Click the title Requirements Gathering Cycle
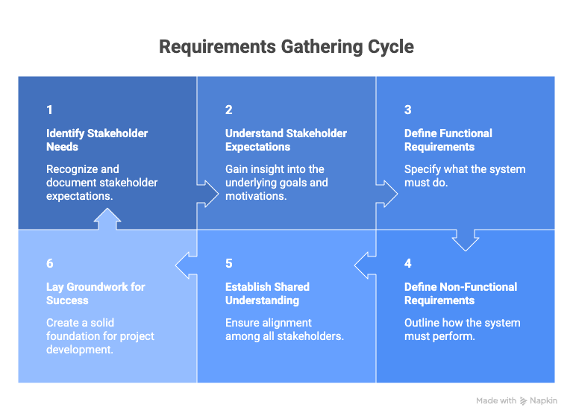[x=286, y=47]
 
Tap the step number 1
[x=49, y=110]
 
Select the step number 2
[x=229, y=110]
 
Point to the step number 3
[x=408, y=110]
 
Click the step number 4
[x=408, y=263]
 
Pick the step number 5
[x=229, y=263]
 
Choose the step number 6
[x=50, y=263]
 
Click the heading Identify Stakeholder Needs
[x=97, y=140]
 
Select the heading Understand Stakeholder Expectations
[x=286, y=140]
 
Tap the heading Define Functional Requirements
[x=448, y=140]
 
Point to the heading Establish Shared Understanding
[x=267, y=294]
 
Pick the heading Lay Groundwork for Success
[x=95, y=294]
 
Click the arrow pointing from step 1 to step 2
[x=208, y=192]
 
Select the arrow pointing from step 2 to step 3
[x=387, y=192]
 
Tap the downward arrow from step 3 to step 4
[x=466, y=240]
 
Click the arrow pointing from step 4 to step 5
[x=365, y=263]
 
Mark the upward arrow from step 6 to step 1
[x=107, y=218]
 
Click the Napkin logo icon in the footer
[x=525, y=401]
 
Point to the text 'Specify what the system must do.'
[x=464, y=176]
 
